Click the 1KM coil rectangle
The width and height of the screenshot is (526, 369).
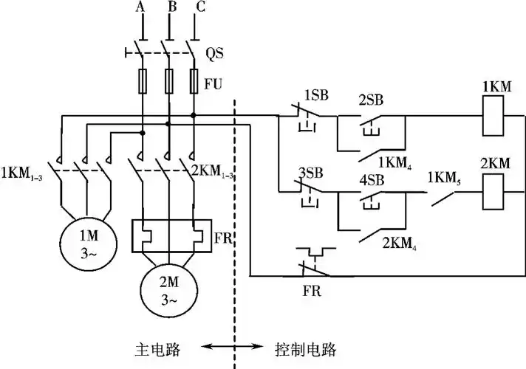(x=495, y=116)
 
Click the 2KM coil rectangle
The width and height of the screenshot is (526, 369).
(x=495, y=194)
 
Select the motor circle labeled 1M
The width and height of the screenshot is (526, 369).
(x=88, y=244)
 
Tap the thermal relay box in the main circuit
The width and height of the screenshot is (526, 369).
(x=170, y=235)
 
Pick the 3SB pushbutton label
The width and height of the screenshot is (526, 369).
(x=310, y=173)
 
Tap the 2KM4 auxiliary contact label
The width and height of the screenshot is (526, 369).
(x=397, y=243)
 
